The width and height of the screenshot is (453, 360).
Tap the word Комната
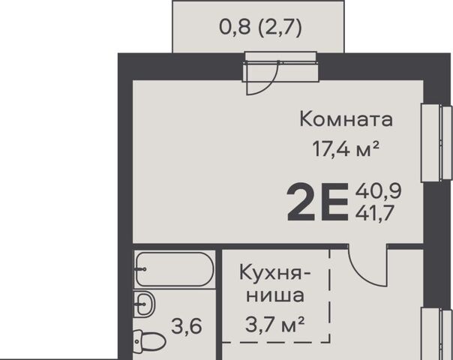346,119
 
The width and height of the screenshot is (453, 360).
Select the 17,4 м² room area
346,149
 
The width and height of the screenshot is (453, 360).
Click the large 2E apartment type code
318,202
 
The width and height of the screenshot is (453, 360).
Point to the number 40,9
378,191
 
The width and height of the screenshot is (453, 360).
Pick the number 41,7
375,213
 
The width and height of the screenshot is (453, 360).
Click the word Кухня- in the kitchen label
275,273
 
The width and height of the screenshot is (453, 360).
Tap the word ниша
275,295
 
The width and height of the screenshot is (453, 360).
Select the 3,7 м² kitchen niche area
274,324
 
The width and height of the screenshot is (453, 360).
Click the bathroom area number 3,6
186,326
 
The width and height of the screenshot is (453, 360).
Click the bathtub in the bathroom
175,269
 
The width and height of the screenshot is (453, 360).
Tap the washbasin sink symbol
145,304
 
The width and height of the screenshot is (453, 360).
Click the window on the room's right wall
436,143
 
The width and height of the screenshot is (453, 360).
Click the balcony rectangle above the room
258,26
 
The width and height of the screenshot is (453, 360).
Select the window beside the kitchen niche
436,334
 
